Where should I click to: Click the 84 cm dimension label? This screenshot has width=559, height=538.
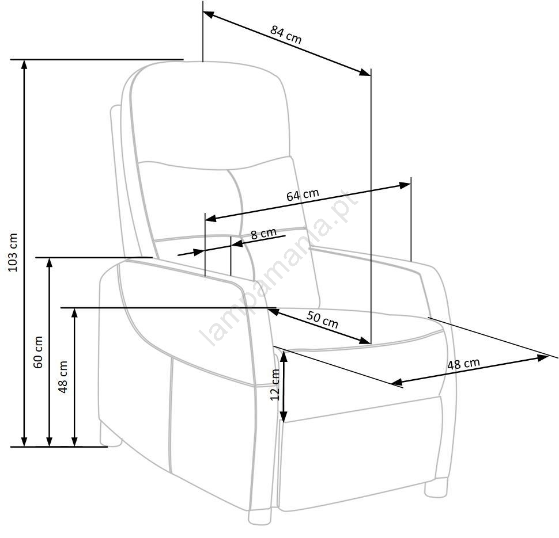click(x=286, y=35)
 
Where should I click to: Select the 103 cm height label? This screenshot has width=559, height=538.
click(x=13, y=253)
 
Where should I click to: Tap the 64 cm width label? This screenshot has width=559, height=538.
click(x=303, y=194)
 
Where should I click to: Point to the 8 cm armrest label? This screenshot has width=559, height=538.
click(x=263, y=234)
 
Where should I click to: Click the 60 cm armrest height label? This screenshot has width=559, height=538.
click(x=38, y=352)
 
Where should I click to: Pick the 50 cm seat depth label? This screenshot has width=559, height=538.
click(x=322, y=319)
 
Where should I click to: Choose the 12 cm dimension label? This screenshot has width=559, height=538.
click(x=275, y=384)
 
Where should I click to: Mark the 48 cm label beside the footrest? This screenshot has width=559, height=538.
click(x=463, y=364)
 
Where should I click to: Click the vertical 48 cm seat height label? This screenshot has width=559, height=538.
click(x=63, y=377)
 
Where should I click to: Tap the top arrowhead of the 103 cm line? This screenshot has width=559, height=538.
click(x=24, y=64)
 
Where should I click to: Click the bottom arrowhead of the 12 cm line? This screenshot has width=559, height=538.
click(x=284, y=417)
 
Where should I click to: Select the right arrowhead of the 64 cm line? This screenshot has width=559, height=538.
click(x=405, y=185)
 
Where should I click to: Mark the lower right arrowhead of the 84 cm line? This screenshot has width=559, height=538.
click(x=365, y=73)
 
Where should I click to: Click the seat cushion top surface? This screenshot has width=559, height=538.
click(x=357, y=327)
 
